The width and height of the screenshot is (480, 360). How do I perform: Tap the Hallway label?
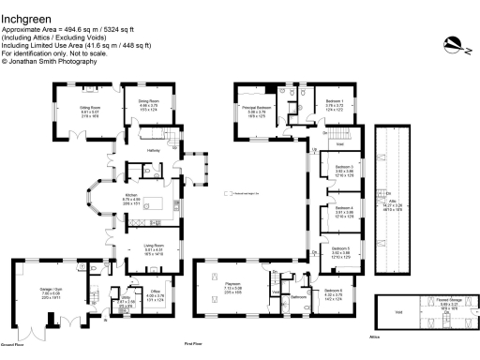[x=157, y=149]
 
